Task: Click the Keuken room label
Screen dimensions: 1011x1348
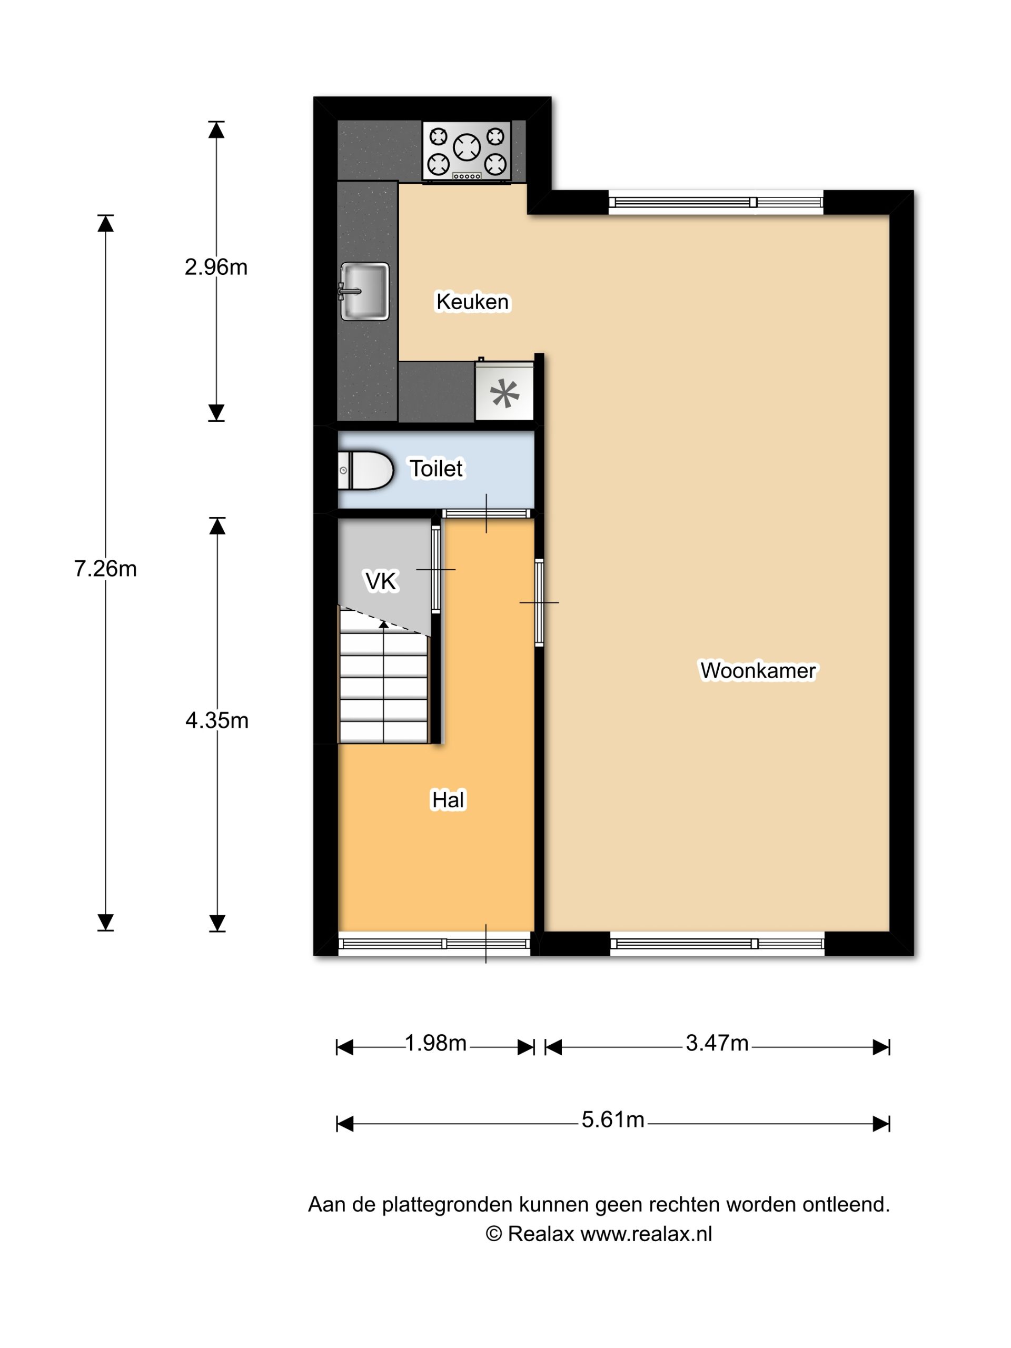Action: click(472, 302)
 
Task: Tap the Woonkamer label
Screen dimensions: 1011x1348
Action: click(758, 670)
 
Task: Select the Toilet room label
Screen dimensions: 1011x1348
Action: click(437, 469)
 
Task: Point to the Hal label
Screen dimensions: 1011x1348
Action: click(448, 799)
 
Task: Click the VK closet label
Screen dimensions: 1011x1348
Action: click(381, 581)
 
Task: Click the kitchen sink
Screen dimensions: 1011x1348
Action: click(364, 291)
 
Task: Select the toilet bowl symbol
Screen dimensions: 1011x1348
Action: click(365, 470)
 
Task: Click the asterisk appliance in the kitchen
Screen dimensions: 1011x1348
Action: click(504, 393)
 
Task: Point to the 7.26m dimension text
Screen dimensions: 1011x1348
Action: click(105, 569)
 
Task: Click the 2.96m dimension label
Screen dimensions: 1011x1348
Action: click(216, 267)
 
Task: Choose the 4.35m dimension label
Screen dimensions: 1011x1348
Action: click(217, 721)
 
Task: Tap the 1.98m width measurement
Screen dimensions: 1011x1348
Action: click(435, 1043)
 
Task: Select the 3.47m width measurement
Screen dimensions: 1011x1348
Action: click(717, 1043)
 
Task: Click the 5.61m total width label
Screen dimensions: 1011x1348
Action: click(613, 1119)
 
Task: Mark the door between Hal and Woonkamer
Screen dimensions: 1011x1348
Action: click(539, 602)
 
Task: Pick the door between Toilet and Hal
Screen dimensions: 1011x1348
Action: click(487, 514)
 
